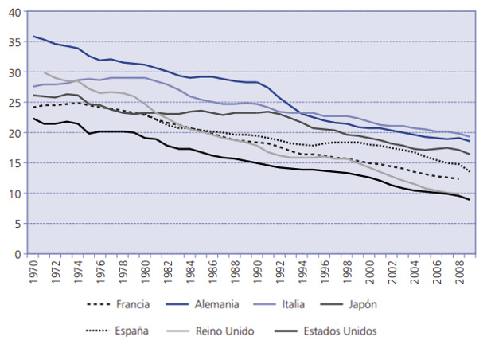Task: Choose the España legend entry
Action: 131,331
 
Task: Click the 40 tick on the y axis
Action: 17,12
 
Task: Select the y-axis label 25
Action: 17,103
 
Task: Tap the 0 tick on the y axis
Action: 19,254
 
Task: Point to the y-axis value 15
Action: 17,163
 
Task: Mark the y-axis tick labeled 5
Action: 19,224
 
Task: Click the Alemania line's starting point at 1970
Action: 33,37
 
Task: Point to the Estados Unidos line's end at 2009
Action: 470,200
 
